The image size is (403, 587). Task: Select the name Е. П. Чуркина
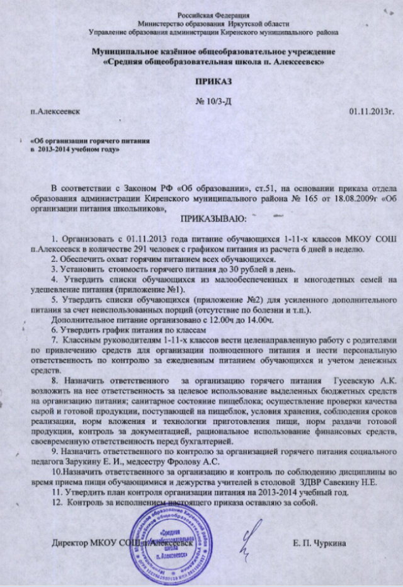click(319, 542)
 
